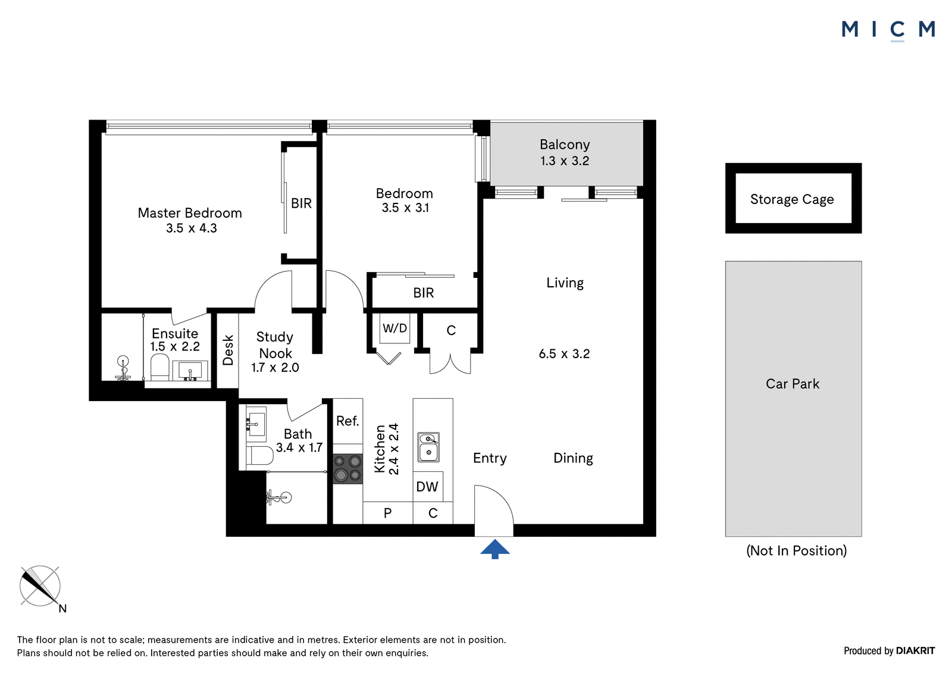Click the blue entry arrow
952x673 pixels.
point(494,549)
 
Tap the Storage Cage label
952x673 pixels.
point(792,199)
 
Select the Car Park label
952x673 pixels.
point(792,384)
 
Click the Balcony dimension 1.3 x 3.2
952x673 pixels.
point(565,161)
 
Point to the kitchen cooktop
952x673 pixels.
point(347,469)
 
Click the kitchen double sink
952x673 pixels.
point(428,447)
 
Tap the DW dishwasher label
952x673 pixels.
point(427,487)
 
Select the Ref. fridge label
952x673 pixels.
point(347,421)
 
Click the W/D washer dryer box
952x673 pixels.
point(395,328)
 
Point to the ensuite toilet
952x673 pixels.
point(160,368)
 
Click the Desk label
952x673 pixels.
point(228,350)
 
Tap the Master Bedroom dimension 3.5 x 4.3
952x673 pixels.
point(191,228)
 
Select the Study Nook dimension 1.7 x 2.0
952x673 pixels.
point(275,367)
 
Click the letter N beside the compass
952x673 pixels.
point(62,609)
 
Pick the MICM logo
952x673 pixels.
point(888,30)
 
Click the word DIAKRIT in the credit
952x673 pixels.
point(915,651)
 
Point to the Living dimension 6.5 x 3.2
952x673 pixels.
point(564,353)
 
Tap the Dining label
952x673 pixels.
point(573,458)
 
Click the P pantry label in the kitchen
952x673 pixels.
point(387,513)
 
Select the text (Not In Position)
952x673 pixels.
point(797,550)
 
